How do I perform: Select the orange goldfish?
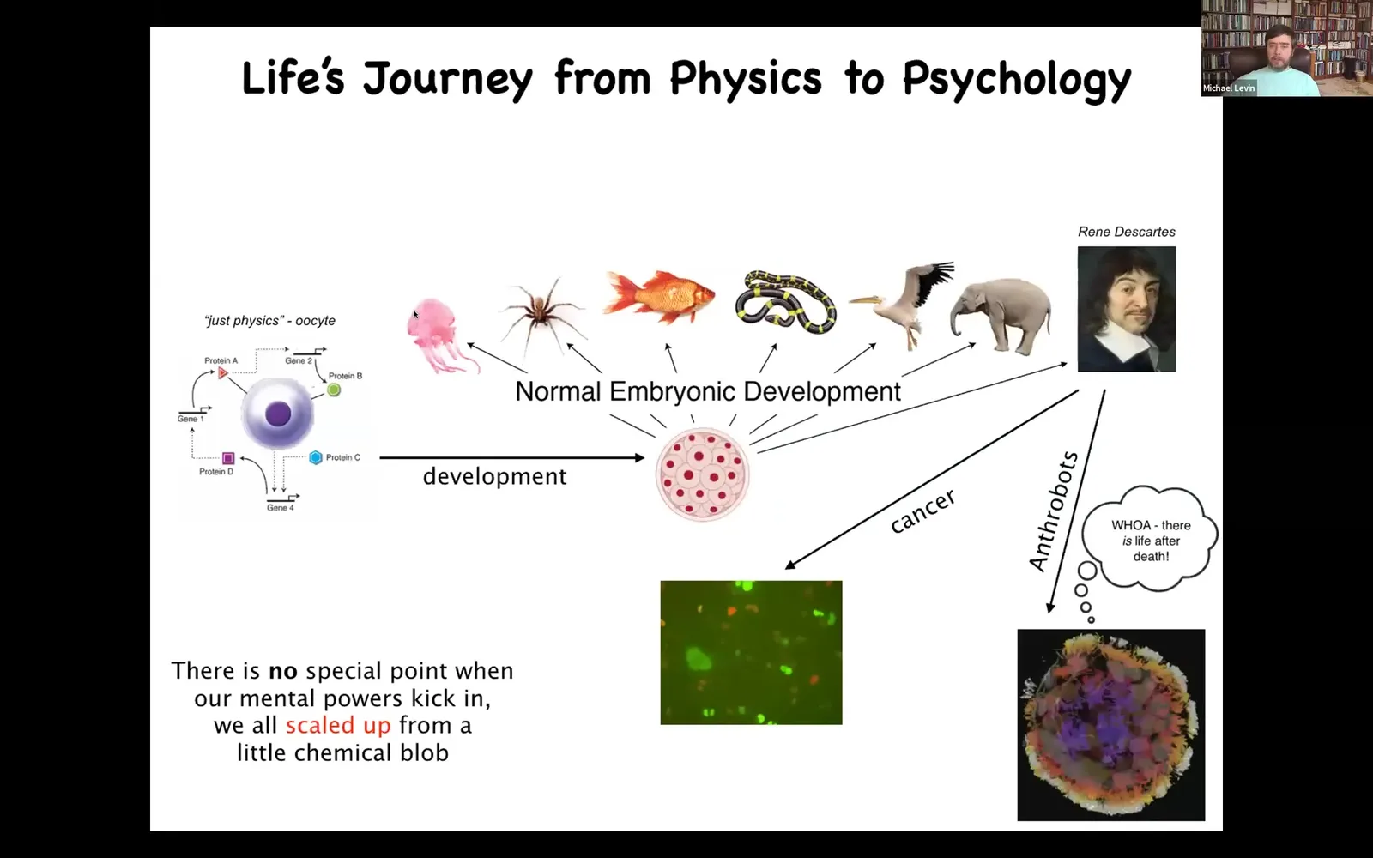pos(658,296)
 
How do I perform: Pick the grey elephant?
pos(1001,315)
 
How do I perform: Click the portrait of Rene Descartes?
pos(1127,309)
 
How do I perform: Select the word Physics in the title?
pos(746,78)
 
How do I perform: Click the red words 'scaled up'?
pos(338,726)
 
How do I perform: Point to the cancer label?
pos(922,511)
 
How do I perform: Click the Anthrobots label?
pos(1053,511)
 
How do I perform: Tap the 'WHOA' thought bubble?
pos(1149,540)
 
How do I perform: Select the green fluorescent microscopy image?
pos(751,653)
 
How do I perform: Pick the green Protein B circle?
pos(334,390)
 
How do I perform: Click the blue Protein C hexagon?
pos(316,457)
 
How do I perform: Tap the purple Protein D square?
pos(228,458)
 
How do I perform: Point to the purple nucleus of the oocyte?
pos(278,414)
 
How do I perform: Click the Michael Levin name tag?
pos(1228,88)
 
